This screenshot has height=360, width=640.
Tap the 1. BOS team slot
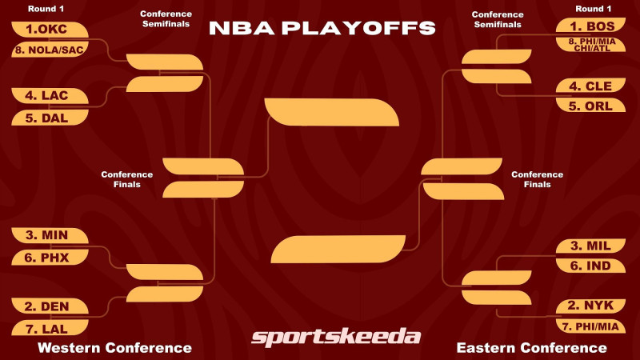(x=591, y=26)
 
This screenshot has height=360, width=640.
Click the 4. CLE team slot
(x=591, y=85)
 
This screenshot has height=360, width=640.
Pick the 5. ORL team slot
(x=591, y=105)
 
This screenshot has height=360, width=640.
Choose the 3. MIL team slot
(x=591, y=245)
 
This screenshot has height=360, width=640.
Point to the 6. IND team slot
(x=591, y=265)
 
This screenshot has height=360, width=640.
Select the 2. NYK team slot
(x=591, y=306)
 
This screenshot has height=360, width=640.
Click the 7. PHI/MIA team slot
(x=591, y=326)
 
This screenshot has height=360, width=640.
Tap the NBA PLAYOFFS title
(x=322, y=28)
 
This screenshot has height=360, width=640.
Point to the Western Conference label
(x=114, y=348)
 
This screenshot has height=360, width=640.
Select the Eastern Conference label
(x=531, y=348)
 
